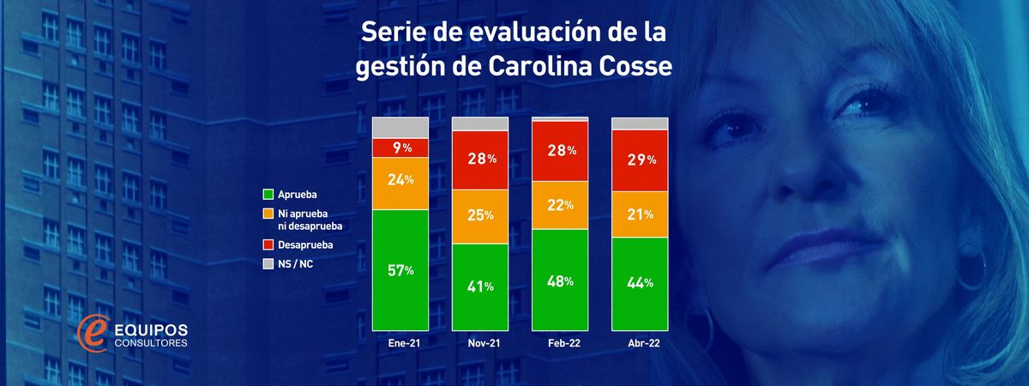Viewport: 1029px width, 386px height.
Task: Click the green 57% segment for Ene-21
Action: [400, 269]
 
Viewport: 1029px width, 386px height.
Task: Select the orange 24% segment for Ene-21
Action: [400, 182]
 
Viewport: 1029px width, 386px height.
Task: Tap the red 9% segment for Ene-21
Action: [400, 148]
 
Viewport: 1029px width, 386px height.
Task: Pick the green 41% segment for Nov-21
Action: [480, 286]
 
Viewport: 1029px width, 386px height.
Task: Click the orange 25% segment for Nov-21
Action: [480, 214]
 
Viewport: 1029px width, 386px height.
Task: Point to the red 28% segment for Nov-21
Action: [480, 159]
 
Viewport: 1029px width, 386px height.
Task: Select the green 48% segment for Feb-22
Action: [560, 280]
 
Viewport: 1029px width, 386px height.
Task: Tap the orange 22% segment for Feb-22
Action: [560, 205]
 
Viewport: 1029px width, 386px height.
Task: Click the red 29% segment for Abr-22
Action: [640, 160]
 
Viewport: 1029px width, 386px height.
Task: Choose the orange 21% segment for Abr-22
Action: [640, 214]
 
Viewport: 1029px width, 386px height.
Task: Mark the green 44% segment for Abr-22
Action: [640, 283]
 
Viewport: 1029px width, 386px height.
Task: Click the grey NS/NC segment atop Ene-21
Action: [400, 127]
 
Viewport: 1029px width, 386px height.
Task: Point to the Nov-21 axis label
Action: [480, 343]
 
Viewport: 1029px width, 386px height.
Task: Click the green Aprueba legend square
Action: [268, 195]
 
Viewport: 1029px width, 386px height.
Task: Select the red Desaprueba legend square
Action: [268, 245]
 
